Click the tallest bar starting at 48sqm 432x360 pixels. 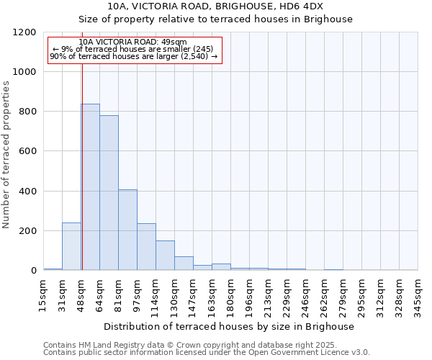(90, 187)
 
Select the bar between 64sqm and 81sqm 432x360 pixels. (109, 193)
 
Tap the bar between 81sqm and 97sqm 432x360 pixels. (127, 230)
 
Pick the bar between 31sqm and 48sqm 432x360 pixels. (71, 246)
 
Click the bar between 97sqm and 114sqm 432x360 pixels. (146, 247)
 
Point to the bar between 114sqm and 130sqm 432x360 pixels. (165, 256)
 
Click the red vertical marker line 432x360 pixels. (82, 166)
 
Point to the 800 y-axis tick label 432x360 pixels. (26, 112)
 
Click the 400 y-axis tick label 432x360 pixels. (26, 192)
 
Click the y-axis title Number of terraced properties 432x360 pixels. (7, 155)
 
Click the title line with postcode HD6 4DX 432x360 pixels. (215, 6)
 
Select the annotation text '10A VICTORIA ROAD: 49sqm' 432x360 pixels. (133, 42)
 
